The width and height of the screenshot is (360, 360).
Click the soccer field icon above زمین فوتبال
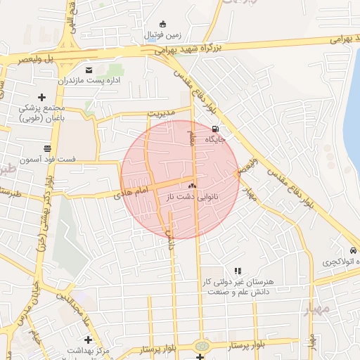(163, 23)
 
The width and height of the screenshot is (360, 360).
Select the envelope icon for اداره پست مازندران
(89, 70)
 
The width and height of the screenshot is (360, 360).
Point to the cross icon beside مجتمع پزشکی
(41, 97)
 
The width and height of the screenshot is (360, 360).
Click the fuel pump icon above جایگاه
(214, 129)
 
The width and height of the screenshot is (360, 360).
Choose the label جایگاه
(215, 139)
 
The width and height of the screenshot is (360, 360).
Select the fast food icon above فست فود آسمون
(47, 148)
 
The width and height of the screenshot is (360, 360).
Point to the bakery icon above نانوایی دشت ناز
(193, 186)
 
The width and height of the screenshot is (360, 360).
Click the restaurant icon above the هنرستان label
(238, 270)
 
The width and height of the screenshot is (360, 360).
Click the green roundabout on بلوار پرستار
(202, 346)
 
